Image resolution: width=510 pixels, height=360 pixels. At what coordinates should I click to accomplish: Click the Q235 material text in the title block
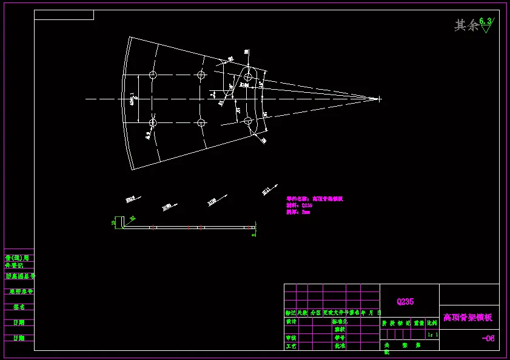[405, 301]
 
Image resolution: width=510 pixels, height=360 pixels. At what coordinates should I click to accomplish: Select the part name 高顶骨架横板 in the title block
[468, 317]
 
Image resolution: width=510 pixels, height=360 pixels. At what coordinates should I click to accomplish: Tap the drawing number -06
[488, 338]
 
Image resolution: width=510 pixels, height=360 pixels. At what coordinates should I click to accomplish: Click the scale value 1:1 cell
[432, 335]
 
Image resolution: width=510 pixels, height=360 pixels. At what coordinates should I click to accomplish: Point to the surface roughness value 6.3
[485, 21]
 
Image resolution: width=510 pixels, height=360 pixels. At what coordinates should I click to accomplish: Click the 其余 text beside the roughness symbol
[466, 25]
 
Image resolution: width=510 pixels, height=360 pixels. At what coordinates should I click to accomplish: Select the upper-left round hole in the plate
[153, 75]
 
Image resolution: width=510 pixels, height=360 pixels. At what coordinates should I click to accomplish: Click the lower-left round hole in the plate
[153, 123]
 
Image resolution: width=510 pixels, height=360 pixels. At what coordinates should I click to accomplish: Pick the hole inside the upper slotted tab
[247, 77]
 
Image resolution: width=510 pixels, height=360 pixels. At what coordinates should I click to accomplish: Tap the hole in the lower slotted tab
[247, 121]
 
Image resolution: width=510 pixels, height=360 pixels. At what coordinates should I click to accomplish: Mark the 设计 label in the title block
[291, 322]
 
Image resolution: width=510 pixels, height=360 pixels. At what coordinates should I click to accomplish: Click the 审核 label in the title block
[291, 338]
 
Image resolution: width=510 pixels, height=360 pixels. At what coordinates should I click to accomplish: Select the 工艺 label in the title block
[291, 346]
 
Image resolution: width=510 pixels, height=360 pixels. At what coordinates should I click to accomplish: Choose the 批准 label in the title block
[340, 346]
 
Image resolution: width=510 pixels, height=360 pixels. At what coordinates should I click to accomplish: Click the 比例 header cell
[432, 324]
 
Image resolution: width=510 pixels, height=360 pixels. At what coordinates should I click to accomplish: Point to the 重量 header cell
[418, 324]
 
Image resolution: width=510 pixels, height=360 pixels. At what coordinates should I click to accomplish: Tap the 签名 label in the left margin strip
[19, 307]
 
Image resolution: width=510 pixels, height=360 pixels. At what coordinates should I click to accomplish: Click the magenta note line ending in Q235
[300, 205]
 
